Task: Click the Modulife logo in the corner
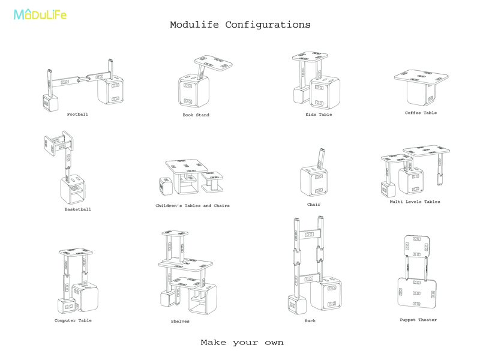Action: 40,14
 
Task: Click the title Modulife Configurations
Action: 240,25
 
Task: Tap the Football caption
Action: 77,114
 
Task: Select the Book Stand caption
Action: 196,115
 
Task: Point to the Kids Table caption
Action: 319,115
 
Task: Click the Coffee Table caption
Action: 421,113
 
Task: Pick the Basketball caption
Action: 78,209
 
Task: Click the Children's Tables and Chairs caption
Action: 193,206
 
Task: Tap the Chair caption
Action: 314,205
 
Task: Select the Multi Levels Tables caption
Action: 415,202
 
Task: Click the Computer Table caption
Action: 73,320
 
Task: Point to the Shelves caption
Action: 180,321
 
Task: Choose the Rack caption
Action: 310,321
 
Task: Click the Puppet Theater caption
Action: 418,320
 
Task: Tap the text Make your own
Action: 242,343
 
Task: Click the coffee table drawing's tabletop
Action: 422,77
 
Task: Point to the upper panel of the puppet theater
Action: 417,244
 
